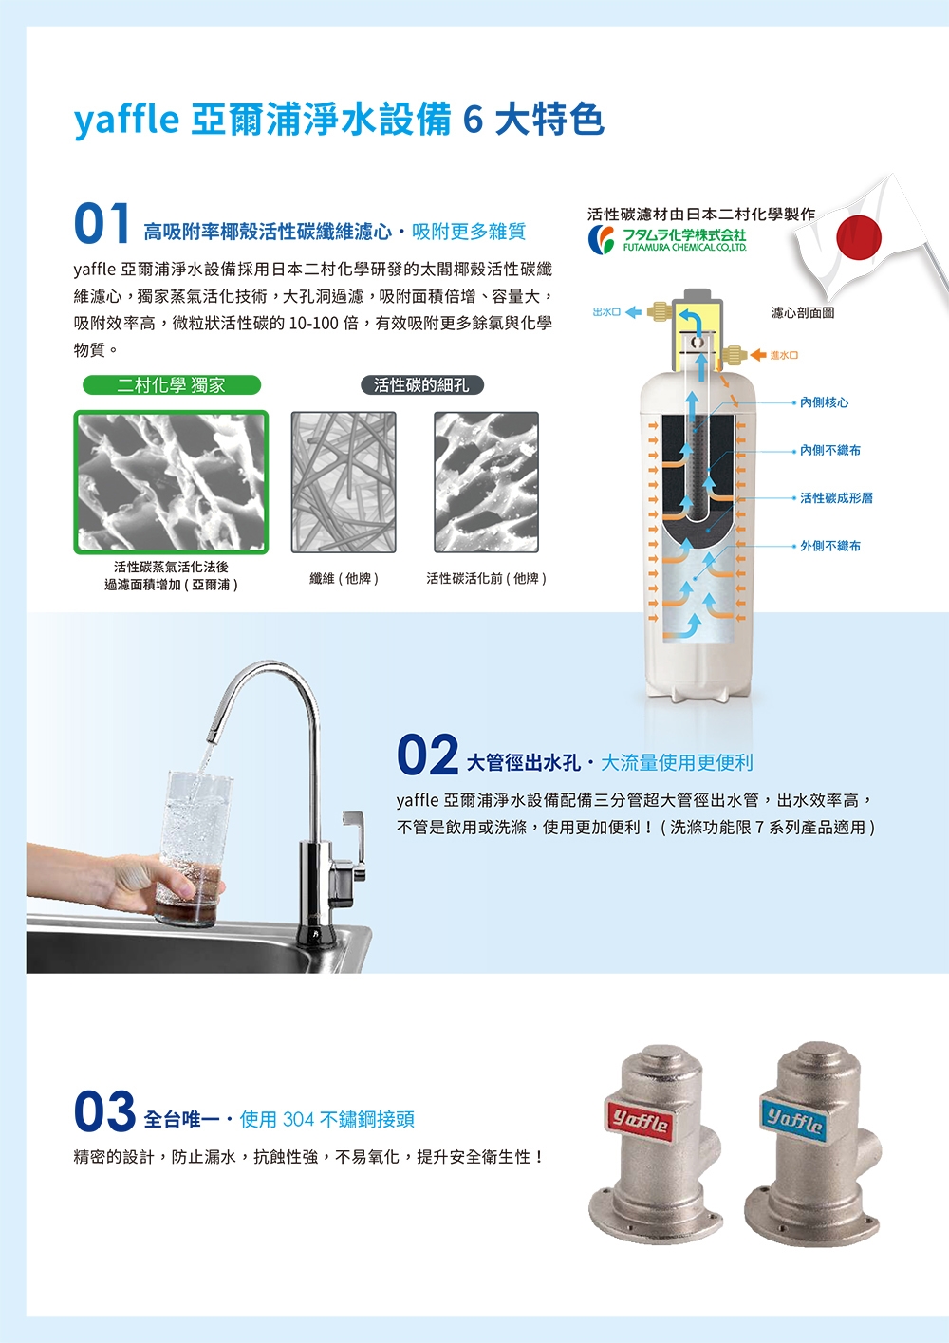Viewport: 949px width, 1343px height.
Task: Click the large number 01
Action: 102,224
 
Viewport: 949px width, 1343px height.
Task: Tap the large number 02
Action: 427,755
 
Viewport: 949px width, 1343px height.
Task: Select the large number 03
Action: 104,1112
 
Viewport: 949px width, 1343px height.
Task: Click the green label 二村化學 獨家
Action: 172,385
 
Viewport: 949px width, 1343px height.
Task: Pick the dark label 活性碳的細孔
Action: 421,385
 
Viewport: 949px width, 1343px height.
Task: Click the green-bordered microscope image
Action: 172,482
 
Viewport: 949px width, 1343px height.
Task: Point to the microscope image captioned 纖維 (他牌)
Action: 344,482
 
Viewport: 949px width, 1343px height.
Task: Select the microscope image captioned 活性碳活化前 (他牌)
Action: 486,482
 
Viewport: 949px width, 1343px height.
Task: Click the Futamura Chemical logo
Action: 667,239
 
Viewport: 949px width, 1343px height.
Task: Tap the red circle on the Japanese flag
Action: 860,236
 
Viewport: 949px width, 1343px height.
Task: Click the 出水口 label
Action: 606,312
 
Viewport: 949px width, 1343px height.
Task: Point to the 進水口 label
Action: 784,356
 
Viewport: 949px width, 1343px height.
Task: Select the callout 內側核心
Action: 824,402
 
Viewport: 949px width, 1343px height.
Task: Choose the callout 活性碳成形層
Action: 835,497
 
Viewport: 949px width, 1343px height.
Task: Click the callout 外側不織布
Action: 829,546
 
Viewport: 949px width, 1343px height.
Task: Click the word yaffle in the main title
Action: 126,121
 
